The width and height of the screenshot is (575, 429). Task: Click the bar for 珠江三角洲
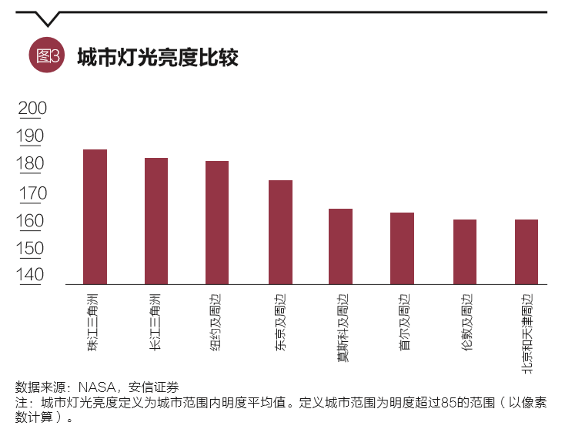click(x=95, y=216)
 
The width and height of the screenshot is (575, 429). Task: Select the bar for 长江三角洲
click(x=156, y=221)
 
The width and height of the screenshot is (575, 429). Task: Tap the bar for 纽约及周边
click(x=217, y=223)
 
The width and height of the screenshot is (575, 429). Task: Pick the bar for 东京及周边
click(x=280, y=232)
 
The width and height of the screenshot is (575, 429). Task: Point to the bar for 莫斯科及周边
click(x=340, y=246)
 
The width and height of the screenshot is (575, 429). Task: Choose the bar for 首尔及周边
click(x=402, y=248)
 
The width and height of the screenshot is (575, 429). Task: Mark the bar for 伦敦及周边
click(x=465, y=252)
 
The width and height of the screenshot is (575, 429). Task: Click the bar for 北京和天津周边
click(x=527, y=252)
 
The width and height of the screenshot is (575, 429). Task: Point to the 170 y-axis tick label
click(x=32, y=193)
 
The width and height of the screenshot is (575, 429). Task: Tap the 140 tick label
click(x=32, y=275)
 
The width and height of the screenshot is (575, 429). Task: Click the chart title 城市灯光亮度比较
click(x=158, y=57)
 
